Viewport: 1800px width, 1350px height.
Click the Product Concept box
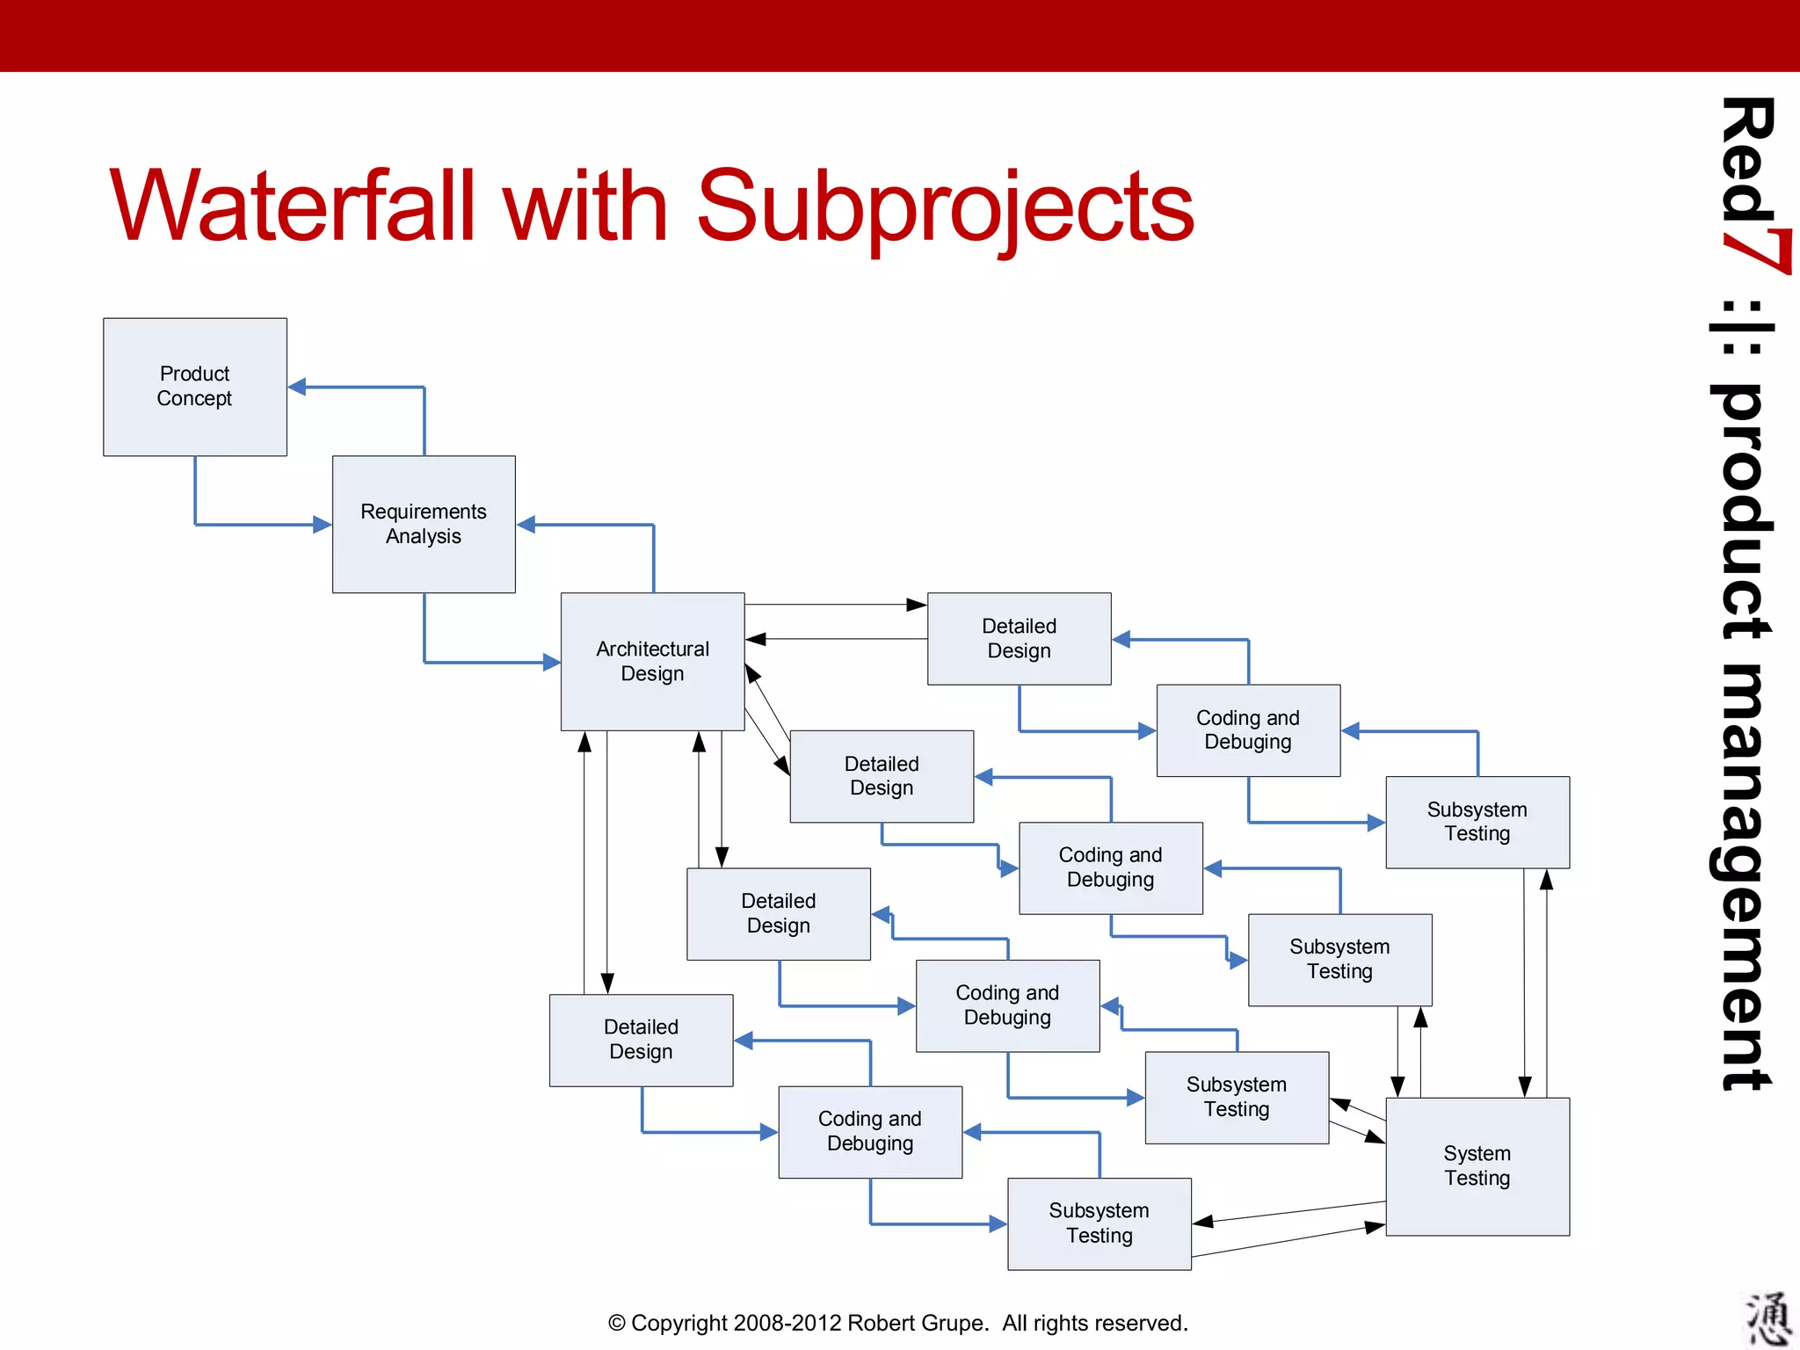[194, 387]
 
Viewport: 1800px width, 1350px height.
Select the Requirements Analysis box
[424, 524]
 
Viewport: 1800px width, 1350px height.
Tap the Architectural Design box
[652, 661]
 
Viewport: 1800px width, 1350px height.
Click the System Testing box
[1477, 1165]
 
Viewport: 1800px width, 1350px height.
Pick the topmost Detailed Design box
[1019, 638]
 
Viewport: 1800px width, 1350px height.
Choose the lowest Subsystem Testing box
[1099, 1223]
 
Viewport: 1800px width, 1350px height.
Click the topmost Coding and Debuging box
[1248, 729]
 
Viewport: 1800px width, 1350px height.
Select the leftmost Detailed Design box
[641, 1040]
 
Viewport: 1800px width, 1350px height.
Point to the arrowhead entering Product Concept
[298, 387]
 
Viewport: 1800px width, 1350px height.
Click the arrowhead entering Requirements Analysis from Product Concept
[322, 525]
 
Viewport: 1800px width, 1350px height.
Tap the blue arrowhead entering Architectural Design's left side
[551, 662]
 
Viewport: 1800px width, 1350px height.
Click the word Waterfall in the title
[290, 207]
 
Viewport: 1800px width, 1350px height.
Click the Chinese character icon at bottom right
[1767, 1317]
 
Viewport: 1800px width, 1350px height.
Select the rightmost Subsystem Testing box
[1477, 822]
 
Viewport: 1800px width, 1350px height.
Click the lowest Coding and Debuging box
[869, 1131]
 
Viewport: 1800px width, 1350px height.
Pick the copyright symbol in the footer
[617, 1323]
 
